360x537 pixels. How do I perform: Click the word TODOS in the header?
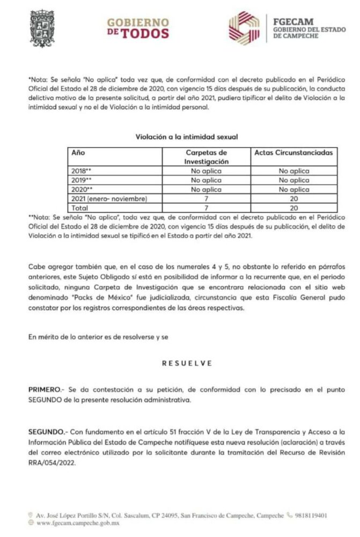click(x=144, y=34)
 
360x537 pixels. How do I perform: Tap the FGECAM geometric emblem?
click(x=244, y=28)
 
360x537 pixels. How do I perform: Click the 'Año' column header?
click(x=78, y=153)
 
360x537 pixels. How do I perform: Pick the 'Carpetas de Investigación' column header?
click(x=206, y=156)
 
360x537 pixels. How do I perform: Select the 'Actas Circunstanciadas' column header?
click(x=293, y=153)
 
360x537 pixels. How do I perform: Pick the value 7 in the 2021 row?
click(x=206, y=199)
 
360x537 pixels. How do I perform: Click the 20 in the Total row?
click(x=293, y=208)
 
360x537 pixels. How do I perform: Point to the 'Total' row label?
click(x=79, y=208)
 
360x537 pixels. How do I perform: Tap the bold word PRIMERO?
click(x=45, y=388)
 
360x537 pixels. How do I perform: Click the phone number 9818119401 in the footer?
click(x=312, y=516)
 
